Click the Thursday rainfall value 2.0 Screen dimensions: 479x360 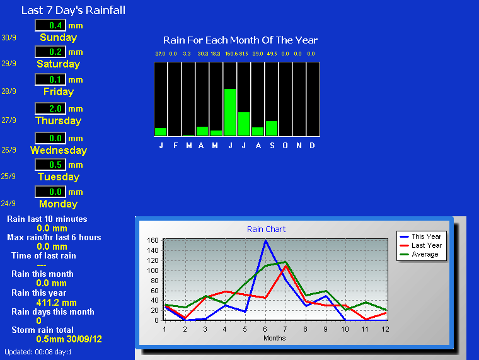(55, 108)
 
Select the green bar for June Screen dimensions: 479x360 (230, 112)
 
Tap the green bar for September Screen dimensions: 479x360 (272, 129)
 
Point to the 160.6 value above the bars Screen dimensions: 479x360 (231, 54)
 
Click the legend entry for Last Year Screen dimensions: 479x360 (421, 245)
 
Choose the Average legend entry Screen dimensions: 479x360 (419, 254)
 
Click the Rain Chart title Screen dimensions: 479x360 (266, 229)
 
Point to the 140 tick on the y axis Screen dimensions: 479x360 (153, 250)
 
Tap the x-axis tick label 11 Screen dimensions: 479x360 (365, 329)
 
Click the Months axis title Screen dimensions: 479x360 (274, 338)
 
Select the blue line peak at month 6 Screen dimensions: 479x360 (265, 240)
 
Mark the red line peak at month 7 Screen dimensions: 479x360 (286, 266)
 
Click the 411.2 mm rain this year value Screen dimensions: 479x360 (56, 303)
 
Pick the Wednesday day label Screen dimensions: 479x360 (59, 150)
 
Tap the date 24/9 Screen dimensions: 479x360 (8, 204)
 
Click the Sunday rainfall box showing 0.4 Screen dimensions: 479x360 (50, 25)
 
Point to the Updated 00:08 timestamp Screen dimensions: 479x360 (38, 352)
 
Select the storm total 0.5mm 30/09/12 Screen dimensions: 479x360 (69, 339)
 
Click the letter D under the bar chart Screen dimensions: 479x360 (312, 146)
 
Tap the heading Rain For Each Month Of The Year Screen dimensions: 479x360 (240, 40)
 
